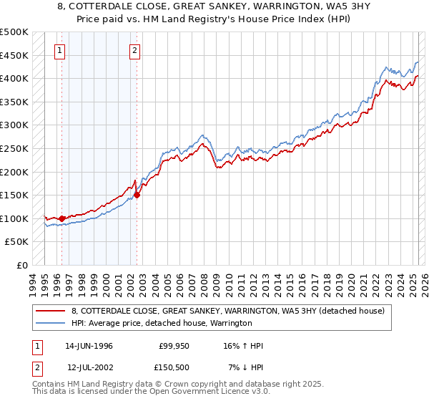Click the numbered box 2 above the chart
[x=135, y=50]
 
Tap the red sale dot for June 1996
[x=61, y=218]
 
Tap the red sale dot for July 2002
[x=137, y=195]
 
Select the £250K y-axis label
[x=14, y=149]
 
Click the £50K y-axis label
[x=17, y=242]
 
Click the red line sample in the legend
[x=51, y=311]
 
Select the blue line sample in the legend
[x=51, y=324]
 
